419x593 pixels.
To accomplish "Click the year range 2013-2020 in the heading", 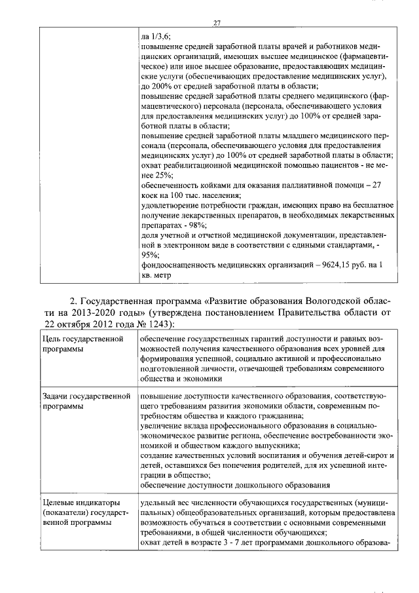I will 105,313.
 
